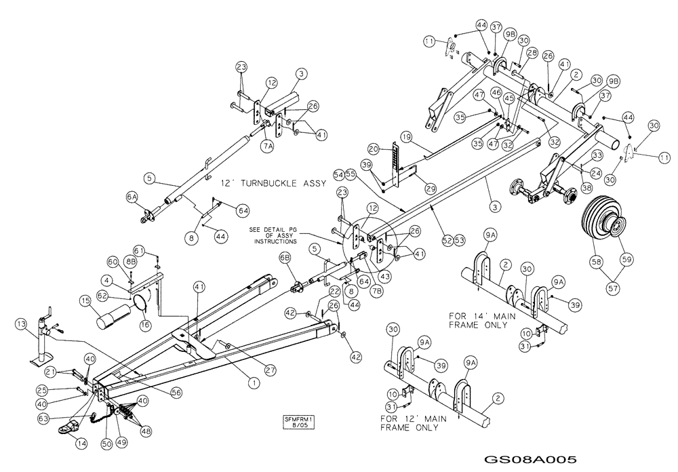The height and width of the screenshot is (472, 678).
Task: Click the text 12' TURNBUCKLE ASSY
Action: pos(265,184)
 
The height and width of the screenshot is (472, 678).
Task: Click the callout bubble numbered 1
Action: pos(254,383)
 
